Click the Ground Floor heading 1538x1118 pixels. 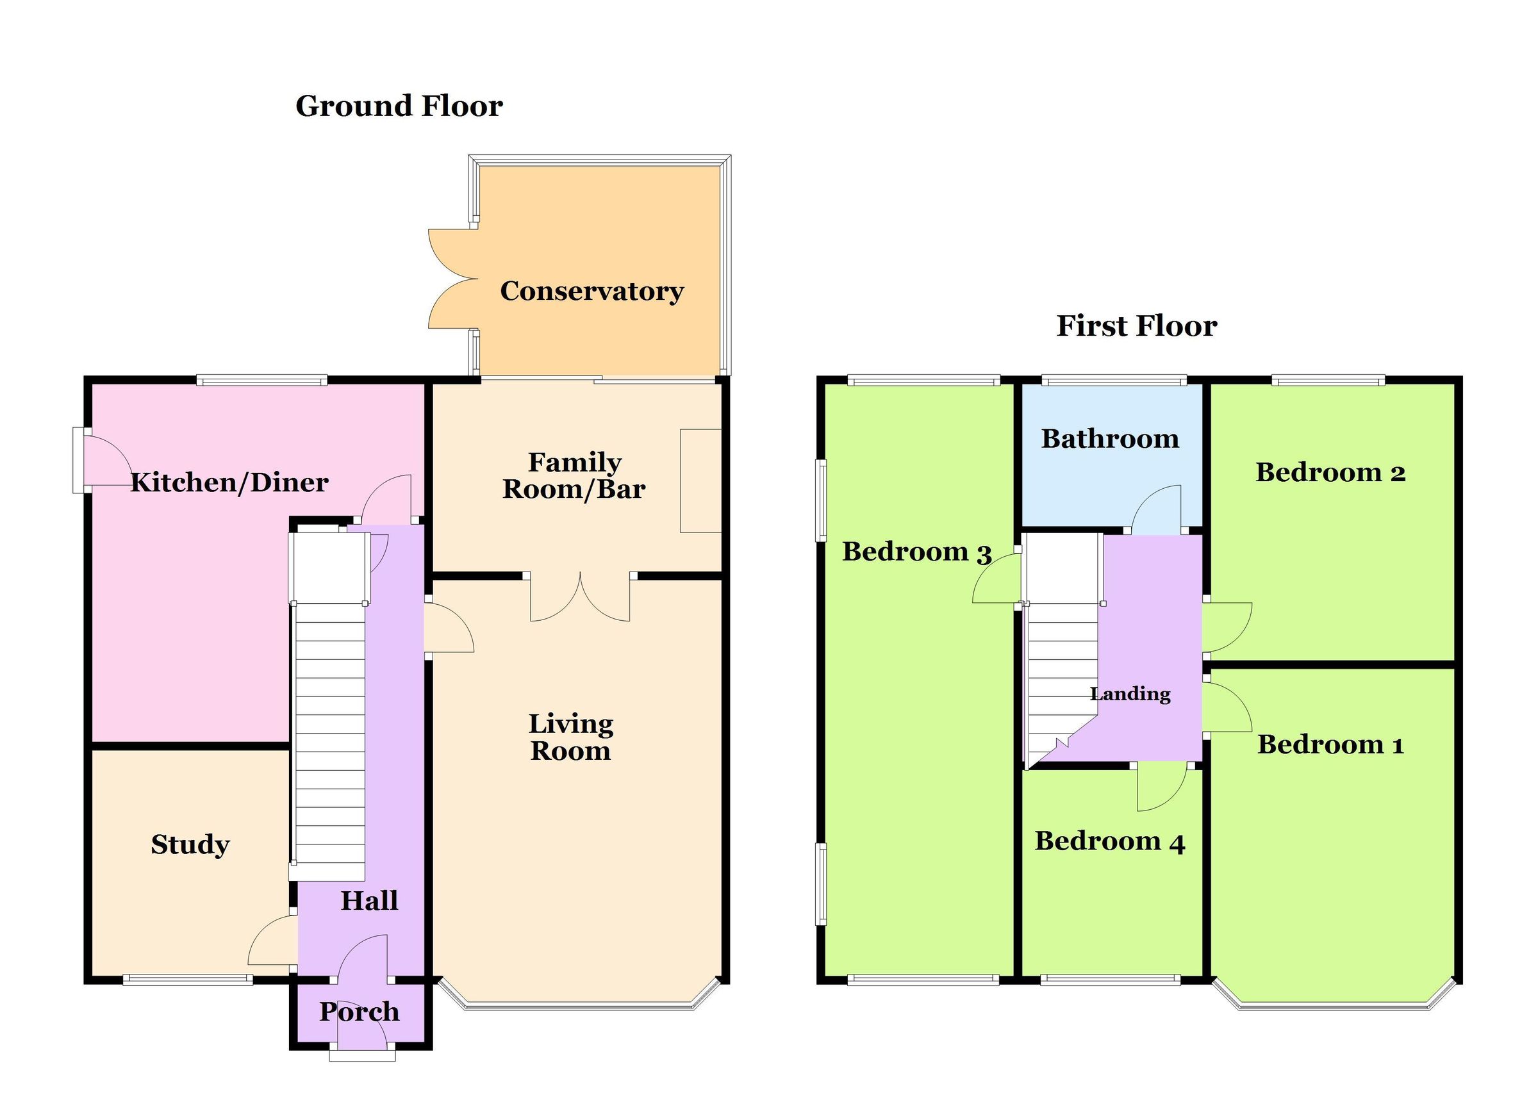pos(399,106)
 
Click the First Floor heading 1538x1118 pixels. pos(1137,326)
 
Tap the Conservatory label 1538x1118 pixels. pos(591,291)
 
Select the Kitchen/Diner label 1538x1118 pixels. pos(229,482)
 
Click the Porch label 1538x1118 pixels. pos(359,1012)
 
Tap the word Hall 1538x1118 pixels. pos(369,900)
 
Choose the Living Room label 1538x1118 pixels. pos(571,737)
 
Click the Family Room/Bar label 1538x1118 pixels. pos(574,475)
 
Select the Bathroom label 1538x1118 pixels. pos(1109,439)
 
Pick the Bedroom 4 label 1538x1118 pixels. pos(1109,841)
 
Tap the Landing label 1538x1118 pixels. pos(1130,694)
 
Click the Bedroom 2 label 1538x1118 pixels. pos(1330,473)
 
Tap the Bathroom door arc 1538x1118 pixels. pos(1157,509)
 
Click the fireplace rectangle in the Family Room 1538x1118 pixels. pos(700,480)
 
